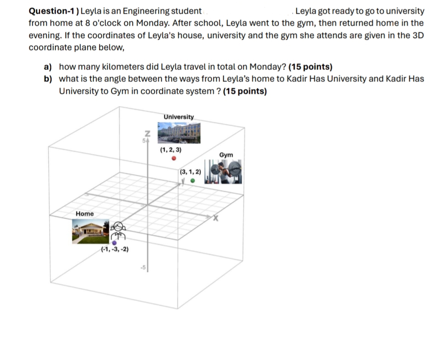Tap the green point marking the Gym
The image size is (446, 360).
[x=192, y=180]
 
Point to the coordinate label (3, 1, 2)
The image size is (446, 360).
[x=190, y=171]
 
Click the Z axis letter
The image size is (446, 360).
[x=146, y=133]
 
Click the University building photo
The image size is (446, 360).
[x=179, y=133]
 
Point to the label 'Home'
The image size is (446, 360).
[x=85, y=214]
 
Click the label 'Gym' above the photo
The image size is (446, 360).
[x=226, y=155]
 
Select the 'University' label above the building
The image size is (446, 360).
[x=178, y=117]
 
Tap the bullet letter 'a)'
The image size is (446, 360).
[x=48, y=67]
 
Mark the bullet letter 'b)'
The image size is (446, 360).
[x=48, y=79]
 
